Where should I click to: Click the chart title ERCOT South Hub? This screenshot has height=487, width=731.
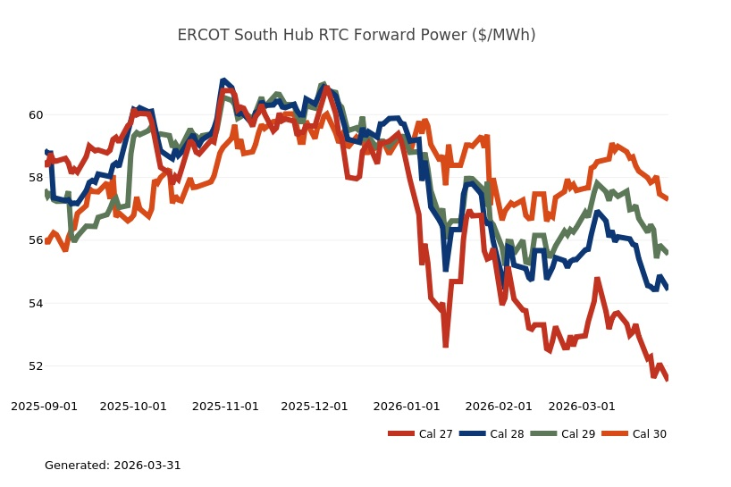tap(356, 35)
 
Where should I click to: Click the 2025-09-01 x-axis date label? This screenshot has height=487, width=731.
tap(44, 406)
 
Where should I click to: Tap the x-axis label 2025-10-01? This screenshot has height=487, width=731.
tap(133, 406)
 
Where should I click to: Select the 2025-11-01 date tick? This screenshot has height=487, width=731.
tap(225, 406)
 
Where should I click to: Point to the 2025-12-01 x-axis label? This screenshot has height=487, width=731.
tap(315, 406)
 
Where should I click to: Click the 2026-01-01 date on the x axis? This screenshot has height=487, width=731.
tap(407, 406)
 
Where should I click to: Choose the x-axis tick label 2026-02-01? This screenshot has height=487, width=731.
tap(499, 406)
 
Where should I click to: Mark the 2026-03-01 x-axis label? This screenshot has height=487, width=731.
tap(582, 406)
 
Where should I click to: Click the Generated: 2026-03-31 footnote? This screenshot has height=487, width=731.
tap(113, 466)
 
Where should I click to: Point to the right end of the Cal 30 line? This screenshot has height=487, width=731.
tap(668, 197)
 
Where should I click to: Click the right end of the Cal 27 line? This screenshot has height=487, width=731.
tap(668, 380)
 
